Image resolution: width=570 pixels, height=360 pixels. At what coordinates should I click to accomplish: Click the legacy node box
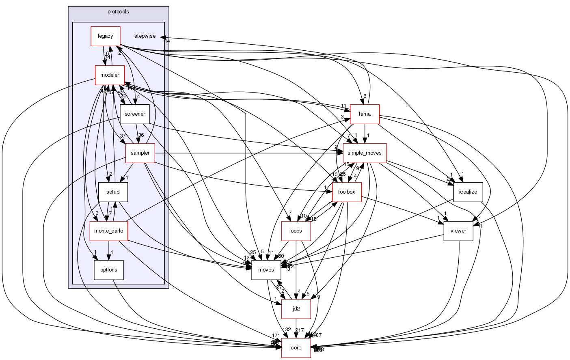pos(105,36)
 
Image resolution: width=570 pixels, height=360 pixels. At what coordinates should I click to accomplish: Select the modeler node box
pos(110,75)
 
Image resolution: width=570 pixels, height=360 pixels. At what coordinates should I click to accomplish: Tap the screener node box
pos(135,114)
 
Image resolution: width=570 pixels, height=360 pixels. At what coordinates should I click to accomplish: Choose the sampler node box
pos(140,153)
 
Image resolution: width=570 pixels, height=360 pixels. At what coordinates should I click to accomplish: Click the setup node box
pos(113,192)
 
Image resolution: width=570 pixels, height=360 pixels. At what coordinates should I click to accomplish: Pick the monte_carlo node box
pos(108,231)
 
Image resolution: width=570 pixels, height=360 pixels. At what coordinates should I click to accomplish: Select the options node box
pos(108,270)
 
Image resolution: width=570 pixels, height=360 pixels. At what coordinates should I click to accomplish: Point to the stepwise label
pos(145,36)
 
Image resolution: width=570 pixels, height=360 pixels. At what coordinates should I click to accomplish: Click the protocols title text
pos(118,12)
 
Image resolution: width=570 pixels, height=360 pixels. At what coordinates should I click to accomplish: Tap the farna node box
pos(365,114)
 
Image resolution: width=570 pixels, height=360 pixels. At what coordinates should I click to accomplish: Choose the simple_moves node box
pos(365,153)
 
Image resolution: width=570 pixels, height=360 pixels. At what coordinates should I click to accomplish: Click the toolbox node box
pos(347,192)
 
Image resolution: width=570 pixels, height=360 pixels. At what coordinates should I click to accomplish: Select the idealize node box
pos(468,192)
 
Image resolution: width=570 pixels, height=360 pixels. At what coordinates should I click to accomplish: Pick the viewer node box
pos(458,231)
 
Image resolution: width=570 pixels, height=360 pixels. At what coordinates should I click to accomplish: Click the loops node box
pos(296,231)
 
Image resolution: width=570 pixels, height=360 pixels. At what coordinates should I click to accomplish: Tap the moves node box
pos(266,270)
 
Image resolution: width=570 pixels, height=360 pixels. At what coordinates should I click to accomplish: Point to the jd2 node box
pos(296,309)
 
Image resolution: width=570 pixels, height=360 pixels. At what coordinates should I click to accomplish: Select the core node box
pos(296,348)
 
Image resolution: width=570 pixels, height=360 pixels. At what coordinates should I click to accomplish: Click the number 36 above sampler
pos(141,135)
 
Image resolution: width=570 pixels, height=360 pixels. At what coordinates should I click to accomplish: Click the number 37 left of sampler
pos(122,136)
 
